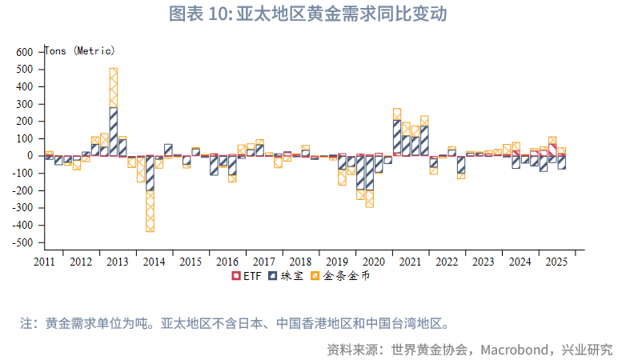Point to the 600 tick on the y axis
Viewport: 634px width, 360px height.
(x=25, y=52)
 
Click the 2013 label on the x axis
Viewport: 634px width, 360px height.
(x=117, y=262)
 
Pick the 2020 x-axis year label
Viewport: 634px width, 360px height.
(x=373, y=262)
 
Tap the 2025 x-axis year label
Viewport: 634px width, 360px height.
(x=556, y=262)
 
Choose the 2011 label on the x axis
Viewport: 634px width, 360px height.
(x=44, y=262)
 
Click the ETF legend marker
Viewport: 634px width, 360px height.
(x=236, y=276)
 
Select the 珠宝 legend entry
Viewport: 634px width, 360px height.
(x=287, y=276)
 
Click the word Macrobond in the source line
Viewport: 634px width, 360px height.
(x=516, y=350)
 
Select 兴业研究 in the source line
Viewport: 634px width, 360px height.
(x=587, y=350)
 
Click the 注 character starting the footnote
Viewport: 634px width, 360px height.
(x=26, y=324)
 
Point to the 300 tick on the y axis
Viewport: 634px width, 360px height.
(x=25, y=104)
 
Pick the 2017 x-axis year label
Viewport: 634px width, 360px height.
(x=263, y=262)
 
